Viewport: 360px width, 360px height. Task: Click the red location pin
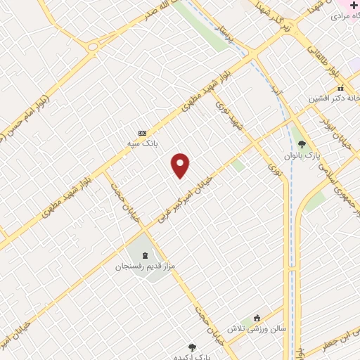pos(181,165)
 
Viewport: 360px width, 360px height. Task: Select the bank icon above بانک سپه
pos(143,132)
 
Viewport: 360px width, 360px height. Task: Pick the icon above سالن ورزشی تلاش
pos(257,317)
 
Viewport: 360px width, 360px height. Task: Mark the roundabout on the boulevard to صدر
pos(92,46)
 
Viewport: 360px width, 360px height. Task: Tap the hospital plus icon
pos(353,4)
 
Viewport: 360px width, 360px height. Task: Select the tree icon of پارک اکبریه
pos(192,346)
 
